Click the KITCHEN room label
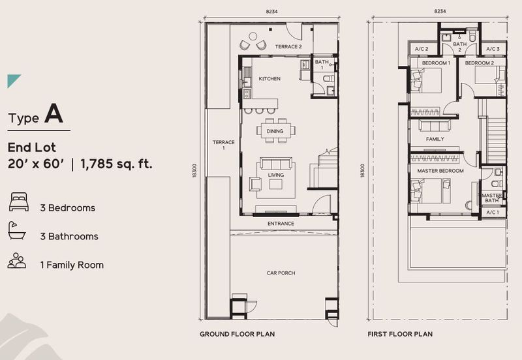(269, 79)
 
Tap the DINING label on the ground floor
(275, 131)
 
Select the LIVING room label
(275, 175)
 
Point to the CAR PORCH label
(281, 273)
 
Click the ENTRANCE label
(281, 224)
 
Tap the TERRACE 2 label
(288, 47)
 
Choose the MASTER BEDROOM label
(440, 171)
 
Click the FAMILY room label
(435, 139)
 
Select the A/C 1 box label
(492, 213)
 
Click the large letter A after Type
(54, 115)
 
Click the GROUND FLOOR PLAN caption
(237, 334)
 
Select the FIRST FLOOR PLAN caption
(399, 334)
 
